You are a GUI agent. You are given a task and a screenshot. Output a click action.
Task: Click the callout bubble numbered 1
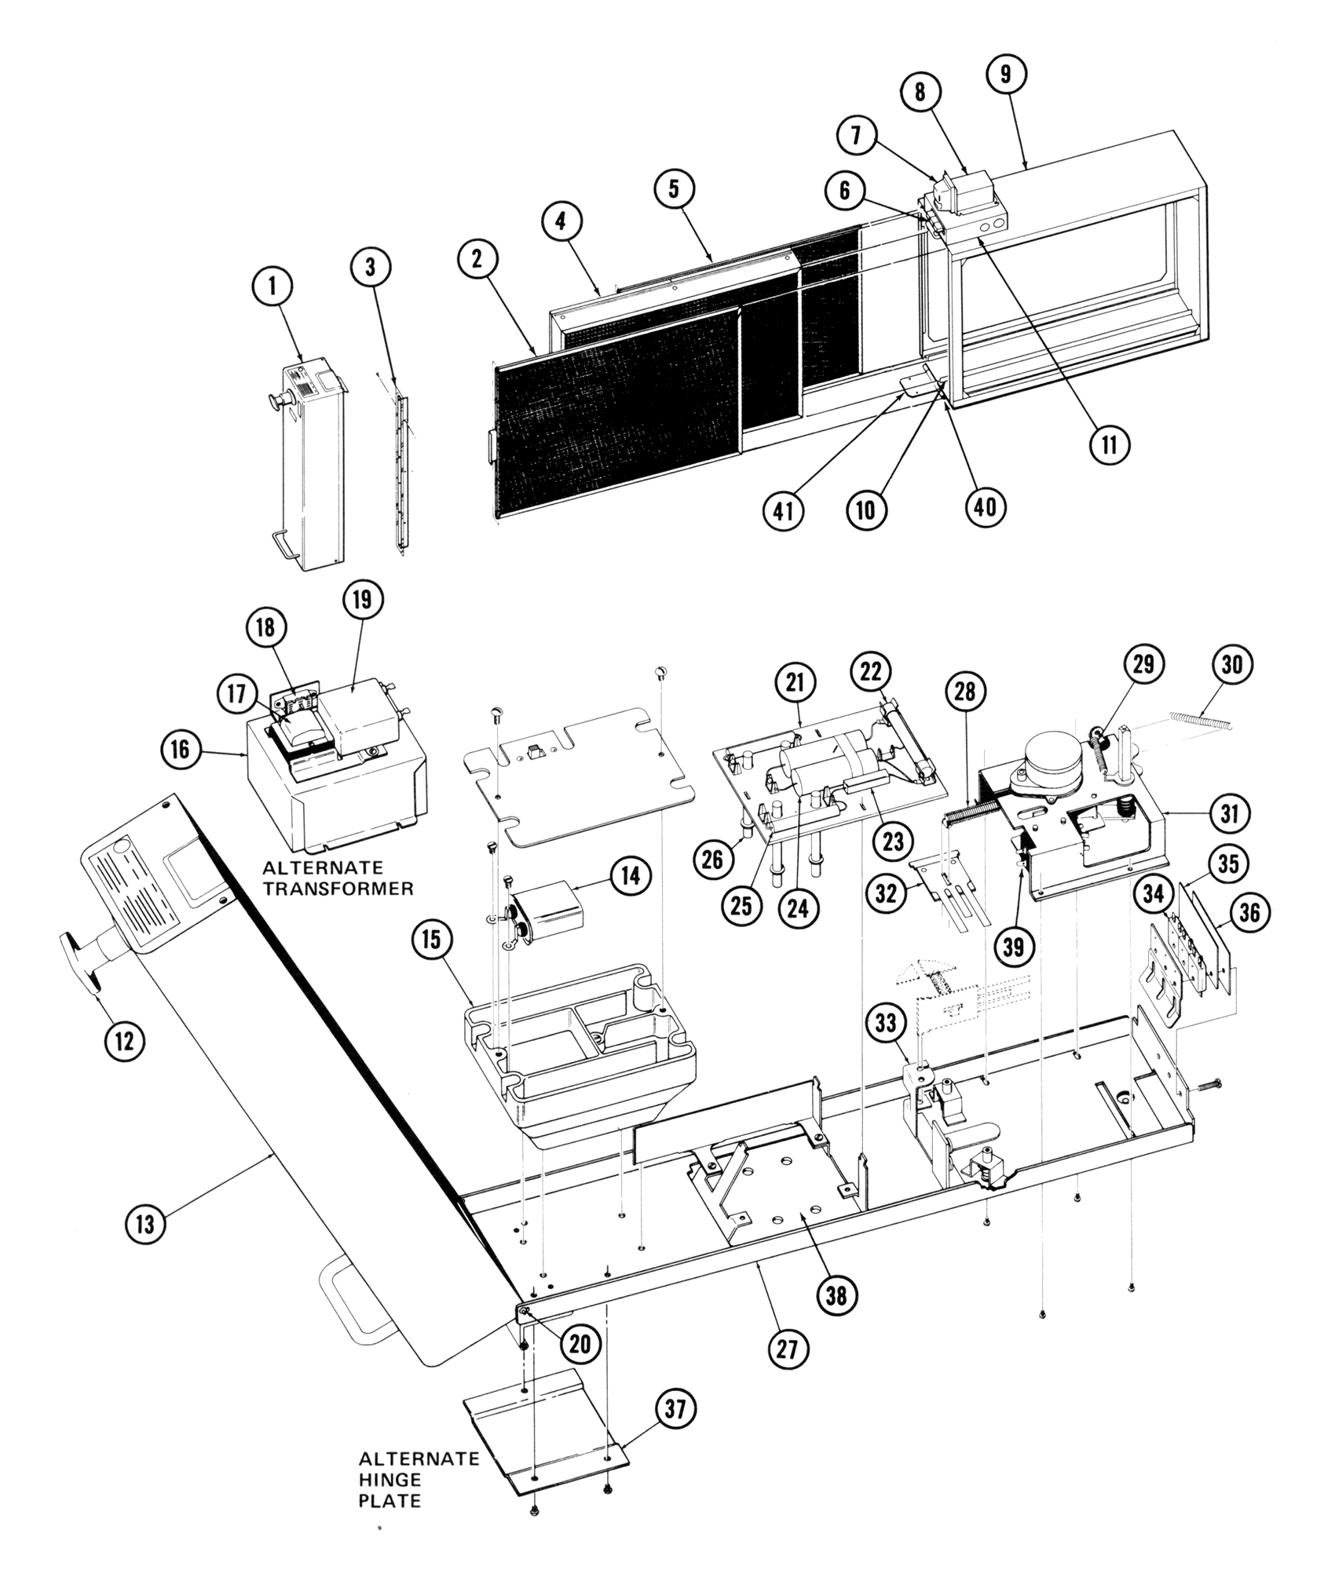click(272, 287)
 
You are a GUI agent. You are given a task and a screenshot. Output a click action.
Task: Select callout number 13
click(146, 1223)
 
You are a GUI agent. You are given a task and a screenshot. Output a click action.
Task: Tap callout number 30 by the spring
click(1233, 664)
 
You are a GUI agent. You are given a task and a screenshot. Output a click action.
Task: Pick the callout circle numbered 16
click(181, 750)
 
